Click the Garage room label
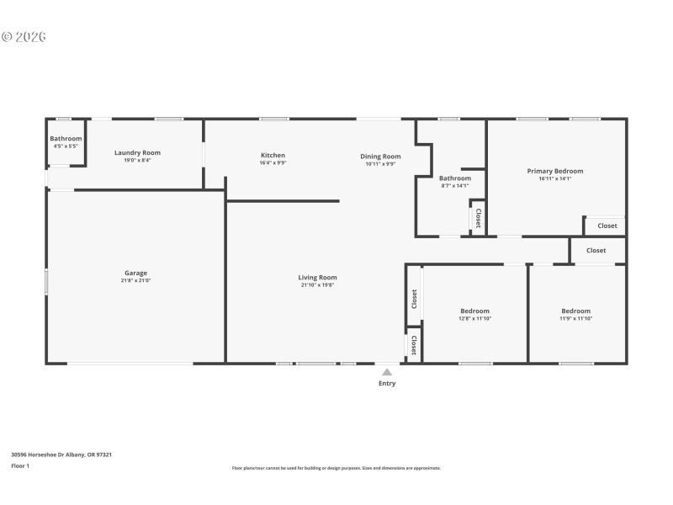click(136, 273)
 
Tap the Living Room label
click(317, 277)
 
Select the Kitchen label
click(273, 155)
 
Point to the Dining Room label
click(380, 156)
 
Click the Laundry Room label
click(137, 152)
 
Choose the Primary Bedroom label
click(554, 171)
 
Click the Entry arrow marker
click(387, 371)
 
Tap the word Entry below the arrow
click(387, 383)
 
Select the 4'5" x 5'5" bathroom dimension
click(66, 146)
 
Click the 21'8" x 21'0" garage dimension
click(136, 280)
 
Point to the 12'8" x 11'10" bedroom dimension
click(474, 318)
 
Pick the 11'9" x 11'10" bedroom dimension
click(576, 318)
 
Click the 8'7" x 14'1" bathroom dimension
click(455, 185)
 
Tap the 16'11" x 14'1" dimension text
click(554, 178)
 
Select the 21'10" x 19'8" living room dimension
click(317, 284)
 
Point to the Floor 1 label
click(20, 465)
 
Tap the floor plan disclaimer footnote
click(336, 468)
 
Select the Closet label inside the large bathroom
click(478, 218)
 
